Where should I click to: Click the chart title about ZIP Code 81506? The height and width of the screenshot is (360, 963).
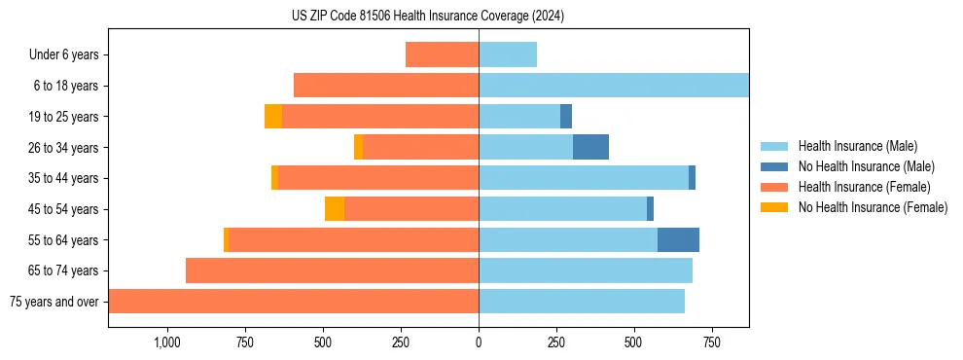[428, 17]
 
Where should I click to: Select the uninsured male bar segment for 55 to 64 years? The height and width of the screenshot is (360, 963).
[678, 239]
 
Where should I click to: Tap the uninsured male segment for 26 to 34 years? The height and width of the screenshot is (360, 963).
[590, 147]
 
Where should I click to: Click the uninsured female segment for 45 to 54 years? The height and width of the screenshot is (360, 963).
[335, 209]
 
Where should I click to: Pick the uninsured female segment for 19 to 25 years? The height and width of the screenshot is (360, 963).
[273, 117]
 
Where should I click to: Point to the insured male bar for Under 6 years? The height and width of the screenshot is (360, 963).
[508, 54]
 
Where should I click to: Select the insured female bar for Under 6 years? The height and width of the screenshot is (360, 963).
[442, 54]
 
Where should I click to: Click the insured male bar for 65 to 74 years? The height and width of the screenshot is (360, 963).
[586, 270]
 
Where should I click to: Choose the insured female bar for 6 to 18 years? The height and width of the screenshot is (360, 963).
[386, 86]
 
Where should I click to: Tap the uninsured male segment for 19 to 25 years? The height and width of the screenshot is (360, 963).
[566, 117]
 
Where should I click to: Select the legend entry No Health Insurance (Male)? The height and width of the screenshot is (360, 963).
[866, 166]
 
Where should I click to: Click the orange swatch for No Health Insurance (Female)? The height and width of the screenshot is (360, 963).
[774, 207]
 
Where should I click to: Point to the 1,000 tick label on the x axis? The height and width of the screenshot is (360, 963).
[166, 342]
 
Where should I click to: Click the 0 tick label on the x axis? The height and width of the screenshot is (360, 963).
[479, 342]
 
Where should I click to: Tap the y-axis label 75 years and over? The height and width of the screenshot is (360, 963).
[53, 302]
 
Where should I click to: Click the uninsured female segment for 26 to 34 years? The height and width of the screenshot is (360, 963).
[358, 147]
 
